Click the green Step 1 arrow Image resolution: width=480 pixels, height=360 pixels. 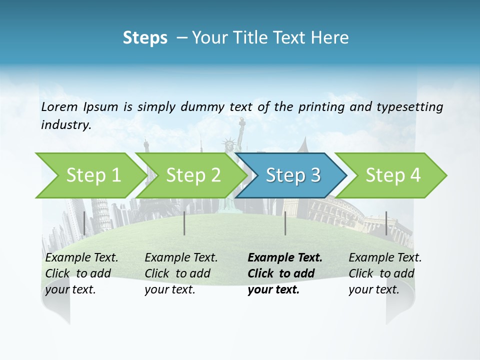90,175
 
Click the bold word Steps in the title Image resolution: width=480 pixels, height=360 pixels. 145,37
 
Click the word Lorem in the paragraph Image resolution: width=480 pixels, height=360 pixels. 59,106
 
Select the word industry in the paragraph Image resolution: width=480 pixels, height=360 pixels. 65,125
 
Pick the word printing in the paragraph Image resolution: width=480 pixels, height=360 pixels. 320,106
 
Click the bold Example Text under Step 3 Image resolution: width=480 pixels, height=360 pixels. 285,258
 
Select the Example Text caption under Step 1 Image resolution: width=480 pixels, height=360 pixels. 81,258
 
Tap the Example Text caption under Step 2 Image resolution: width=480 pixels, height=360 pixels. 181,258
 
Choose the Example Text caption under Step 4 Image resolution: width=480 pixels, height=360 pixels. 385,258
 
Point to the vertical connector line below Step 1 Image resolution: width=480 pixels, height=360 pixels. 84,223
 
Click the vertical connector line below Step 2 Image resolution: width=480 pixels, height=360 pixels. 184,223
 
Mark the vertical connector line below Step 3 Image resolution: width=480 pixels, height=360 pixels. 285,223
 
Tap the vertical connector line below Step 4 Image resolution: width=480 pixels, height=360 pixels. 386,223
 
